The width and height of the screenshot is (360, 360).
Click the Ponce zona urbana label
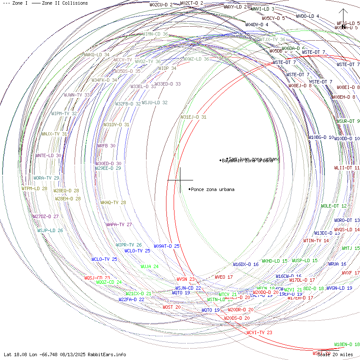(x=212, y=189)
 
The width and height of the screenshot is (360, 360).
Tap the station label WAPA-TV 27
(x=119, y=224)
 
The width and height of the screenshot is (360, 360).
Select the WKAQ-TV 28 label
(x=113, y=202)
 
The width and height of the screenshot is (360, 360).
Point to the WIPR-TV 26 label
(x=129, y=245)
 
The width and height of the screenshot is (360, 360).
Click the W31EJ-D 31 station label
(x=194, y=117)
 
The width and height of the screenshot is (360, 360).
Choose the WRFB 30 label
(x=106, y=146)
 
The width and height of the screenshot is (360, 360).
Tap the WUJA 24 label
(x=150, y=267)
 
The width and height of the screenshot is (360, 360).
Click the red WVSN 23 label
(x=186, y=279)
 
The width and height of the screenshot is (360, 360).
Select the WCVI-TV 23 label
(x=259, y=332)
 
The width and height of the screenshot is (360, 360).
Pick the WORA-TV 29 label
(x=47, y=178)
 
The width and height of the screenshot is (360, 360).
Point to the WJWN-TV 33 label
(x=77, y=95)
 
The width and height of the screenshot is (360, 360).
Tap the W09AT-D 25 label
(x=166, y=246)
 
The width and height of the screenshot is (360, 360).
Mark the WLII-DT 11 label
(x=347, y=168)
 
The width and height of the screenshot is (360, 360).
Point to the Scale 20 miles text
(x=335, y=354)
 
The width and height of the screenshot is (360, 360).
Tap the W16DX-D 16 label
(x=246, y=264)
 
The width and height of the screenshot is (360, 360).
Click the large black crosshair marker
(x=180, y=180)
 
